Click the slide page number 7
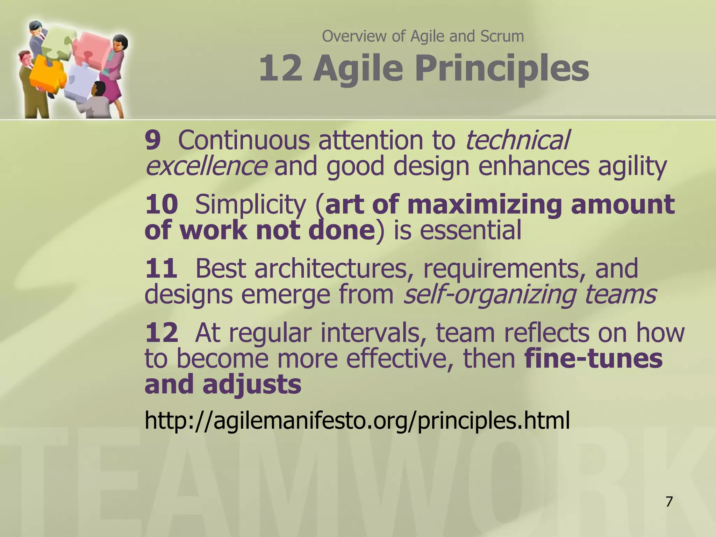669,502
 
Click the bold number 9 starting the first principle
153,141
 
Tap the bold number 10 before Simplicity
162,205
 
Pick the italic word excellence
206,166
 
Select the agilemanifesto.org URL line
357,421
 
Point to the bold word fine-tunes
593,359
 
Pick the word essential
458,231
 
